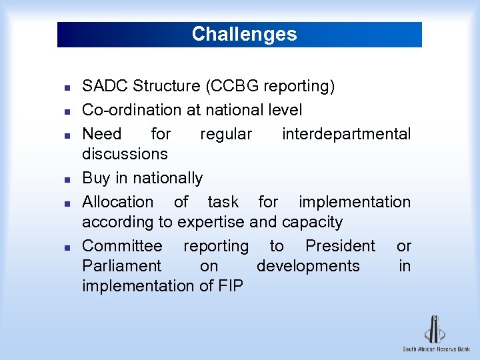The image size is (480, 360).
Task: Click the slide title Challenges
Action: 244,34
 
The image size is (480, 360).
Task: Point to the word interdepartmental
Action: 346,134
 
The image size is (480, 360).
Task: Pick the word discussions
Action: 125,154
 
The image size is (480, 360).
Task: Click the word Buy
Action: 96,178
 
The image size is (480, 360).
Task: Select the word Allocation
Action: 117,202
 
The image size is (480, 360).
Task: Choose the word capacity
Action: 313,222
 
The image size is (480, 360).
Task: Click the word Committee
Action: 122,246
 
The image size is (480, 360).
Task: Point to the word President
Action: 340,246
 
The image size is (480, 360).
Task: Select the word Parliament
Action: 121,266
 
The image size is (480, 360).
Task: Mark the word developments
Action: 308,266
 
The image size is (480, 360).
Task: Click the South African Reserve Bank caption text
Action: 436,349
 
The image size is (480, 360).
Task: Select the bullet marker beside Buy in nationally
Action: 59,179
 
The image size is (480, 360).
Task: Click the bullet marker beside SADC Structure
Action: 59,87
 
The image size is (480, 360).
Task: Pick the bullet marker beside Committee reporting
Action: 59,247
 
